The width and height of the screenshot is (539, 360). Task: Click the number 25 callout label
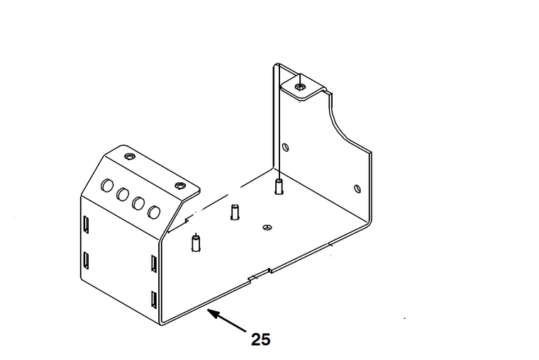point(260,339)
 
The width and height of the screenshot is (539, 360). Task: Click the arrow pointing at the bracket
point(226,321)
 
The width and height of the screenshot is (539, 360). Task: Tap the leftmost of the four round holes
point(108,186)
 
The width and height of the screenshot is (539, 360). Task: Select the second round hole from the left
point(123,194)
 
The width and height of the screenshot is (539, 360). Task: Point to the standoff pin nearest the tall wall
point(279,187)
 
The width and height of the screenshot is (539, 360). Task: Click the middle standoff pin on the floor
point(235,212)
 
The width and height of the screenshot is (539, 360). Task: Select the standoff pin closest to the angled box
point(195,242)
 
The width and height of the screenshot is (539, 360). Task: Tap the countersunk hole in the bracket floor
point(267,227)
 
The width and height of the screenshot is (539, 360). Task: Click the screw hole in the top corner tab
point(302,86)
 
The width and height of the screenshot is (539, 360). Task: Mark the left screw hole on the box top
point(128,155)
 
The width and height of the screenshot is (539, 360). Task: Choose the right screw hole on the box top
point(180,186)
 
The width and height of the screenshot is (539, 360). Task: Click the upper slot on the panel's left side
point(85,224)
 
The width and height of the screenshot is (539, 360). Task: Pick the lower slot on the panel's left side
point(85,260)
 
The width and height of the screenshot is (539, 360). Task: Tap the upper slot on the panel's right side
point(152,263)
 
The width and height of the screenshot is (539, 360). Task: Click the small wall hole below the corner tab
point(286,148)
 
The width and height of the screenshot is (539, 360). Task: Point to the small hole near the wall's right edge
point(357,188)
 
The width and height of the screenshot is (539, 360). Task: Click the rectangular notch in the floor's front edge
point(258,274)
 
